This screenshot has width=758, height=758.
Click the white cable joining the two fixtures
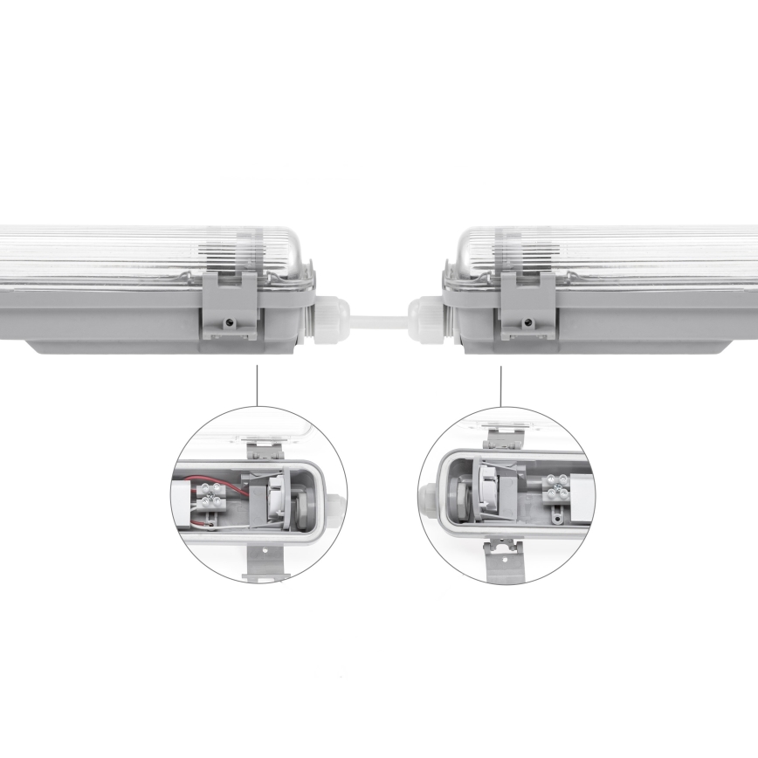378,320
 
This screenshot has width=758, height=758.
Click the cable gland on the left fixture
333,319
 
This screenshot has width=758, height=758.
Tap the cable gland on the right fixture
425,319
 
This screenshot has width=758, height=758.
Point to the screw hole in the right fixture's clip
527,322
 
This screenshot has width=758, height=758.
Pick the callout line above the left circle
258,385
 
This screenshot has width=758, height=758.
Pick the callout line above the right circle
501,385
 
